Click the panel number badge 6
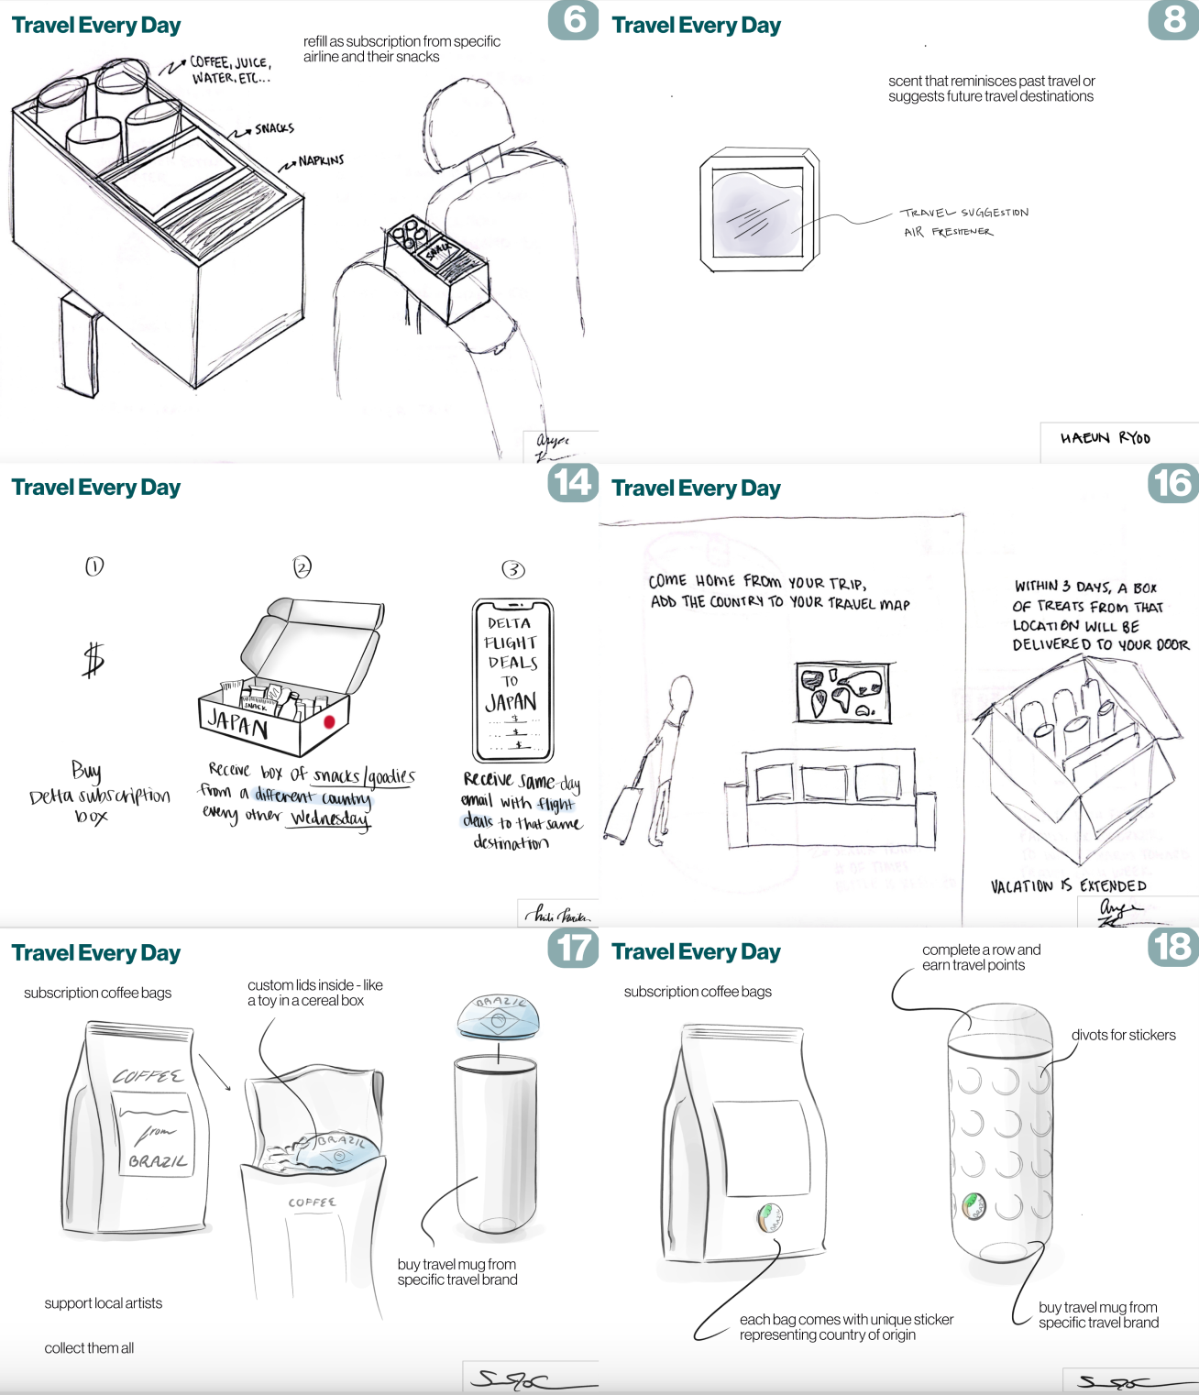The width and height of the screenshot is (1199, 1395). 573,19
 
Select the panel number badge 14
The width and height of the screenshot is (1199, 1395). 573,482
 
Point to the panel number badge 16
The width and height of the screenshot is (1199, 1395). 1172,483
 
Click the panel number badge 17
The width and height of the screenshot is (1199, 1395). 573,948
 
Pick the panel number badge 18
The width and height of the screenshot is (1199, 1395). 1172,947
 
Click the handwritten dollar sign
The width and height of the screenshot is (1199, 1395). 93,659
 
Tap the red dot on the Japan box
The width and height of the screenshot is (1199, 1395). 329,722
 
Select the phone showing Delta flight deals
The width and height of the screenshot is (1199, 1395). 512,680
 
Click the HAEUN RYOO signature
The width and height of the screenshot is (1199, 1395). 1105,438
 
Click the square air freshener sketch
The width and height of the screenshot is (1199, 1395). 758,211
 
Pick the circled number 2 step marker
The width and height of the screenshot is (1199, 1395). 302,566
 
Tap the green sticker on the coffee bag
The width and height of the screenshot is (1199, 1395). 769,1216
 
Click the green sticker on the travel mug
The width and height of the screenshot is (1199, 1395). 973,1204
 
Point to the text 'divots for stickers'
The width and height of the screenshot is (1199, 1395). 1123,1035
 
